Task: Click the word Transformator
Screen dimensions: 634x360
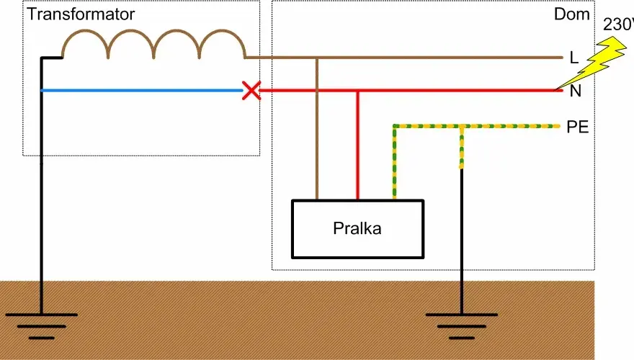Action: pos(81,14)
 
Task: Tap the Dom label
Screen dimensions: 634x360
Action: pos(571,14)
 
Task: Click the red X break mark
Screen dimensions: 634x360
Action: pos(251,91)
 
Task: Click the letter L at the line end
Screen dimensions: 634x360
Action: pos(573,58)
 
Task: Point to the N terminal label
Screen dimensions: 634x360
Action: pos(575,91)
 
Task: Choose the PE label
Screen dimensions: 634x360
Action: pos(577,127)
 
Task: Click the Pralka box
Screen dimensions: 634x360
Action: pos(357,229)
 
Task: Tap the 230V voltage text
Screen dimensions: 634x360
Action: pos(618,24)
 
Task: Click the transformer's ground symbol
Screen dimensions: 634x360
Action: pos(42,325)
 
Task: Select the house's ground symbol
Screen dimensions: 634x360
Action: pos(462,325)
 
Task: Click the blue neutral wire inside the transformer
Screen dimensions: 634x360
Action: pos(141,91)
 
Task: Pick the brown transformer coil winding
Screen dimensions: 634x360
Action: pos(153,45)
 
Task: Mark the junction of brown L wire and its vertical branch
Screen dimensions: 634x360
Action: pos(317,58)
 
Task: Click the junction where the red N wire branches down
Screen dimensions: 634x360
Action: pos(358,91)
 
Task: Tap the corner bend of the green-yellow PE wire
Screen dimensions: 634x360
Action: pos(395,127)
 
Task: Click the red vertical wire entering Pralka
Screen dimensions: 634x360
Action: pos(358,145)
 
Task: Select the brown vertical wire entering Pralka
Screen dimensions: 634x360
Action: pos(317,128)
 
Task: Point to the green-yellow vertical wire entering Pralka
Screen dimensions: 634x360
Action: pos(395,163)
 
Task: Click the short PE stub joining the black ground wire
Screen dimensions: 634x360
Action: pos(462,148)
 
